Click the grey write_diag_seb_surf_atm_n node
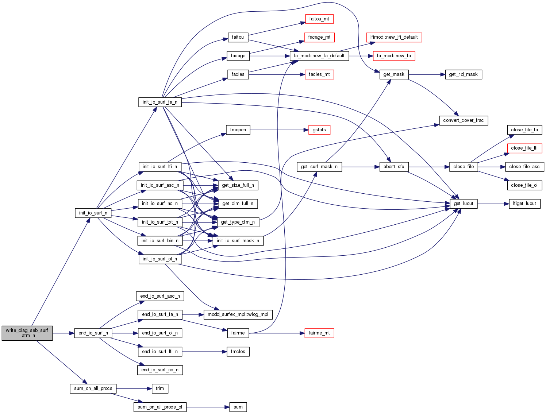tap(27, 333)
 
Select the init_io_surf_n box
tap(93, 213)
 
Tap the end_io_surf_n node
tap(93, 333)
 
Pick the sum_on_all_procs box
tap(93, 388)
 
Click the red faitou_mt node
tap(319, 19)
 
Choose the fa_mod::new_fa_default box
tap(319, 56)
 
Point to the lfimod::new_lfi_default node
tap(394, 37)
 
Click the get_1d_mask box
tap(463, 74)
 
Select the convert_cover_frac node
tap(463, 120)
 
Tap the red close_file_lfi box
tap(524, 148)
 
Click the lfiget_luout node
tap(524, 204)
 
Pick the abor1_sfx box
tap(394, 167)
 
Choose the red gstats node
tap(319, 130)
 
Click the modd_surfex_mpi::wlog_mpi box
tap(238, 314)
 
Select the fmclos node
tap(238, 352)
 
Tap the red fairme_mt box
tap(319, 333)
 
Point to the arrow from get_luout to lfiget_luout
tap(493, 204)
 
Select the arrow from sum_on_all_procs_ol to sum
tap(208, 407)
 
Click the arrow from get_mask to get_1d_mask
tap(427, 74)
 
